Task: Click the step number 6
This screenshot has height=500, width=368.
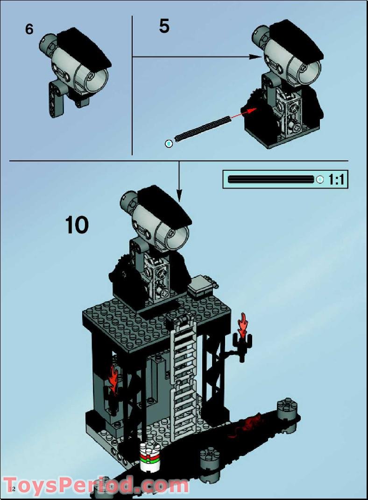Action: tap(29, 29)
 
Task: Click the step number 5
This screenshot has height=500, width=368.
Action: tap(164, 26)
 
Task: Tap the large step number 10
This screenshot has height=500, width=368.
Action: tap(77, 225)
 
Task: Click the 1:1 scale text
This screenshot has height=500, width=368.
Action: tap(338, 179)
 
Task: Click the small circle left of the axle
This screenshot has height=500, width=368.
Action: tap(169, 143)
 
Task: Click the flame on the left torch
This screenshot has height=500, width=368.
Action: tap(113, 377)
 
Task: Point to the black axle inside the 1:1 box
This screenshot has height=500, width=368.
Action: tap(271, 179)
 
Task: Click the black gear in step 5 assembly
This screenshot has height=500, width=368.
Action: tap(254, 100)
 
